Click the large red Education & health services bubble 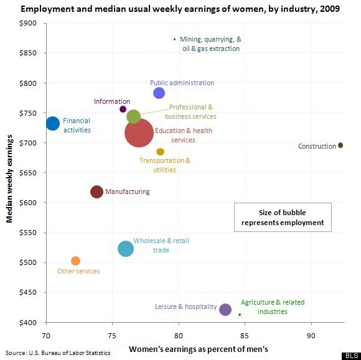point(139,132)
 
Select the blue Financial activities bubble point(53,123)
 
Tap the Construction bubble point(340,145)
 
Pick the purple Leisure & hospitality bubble point(225,310)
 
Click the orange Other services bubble point(75,261)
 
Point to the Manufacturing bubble point(96,192)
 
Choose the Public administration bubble point(159,93)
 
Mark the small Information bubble point(123,109)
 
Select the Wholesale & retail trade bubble point(126,249)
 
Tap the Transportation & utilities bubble point(160,152)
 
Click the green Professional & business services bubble point(134,116)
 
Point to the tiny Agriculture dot point(240,315)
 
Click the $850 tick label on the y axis point(28,53)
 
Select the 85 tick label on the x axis point(245,336)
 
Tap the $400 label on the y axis point(28,323)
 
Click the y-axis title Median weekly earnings point(9,178)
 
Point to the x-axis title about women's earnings point(199,349)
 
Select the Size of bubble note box point(283,217)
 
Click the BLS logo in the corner point(351,356)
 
